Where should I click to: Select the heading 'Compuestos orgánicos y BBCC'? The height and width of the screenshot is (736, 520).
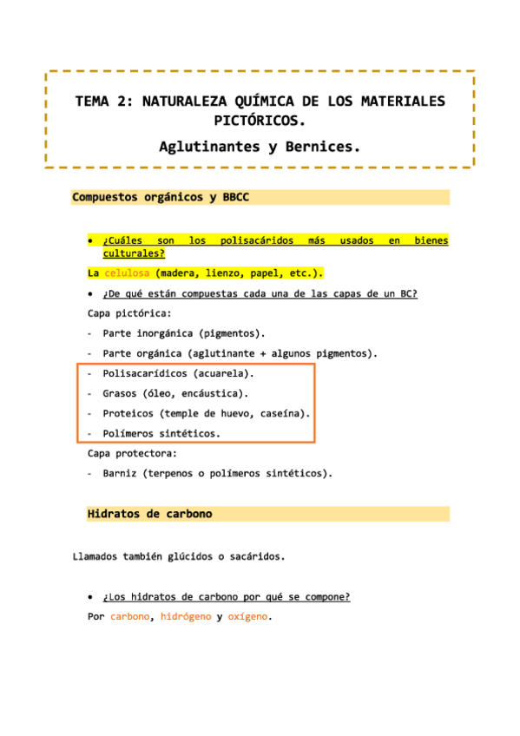pos(161,198)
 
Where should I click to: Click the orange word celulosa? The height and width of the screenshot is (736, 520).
pos(128,273)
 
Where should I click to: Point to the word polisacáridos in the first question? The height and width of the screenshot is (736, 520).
pos(258,240)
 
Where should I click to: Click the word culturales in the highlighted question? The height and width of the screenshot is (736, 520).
pos(133,253)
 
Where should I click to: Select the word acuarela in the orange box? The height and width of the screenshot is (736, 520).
pos(221,374)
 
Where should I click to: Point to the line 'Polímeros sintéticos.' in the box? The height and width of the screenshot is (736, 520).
pos(161,433)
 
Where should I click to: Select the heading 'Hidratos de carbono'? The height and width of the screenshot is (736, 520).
pos(149,515)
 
